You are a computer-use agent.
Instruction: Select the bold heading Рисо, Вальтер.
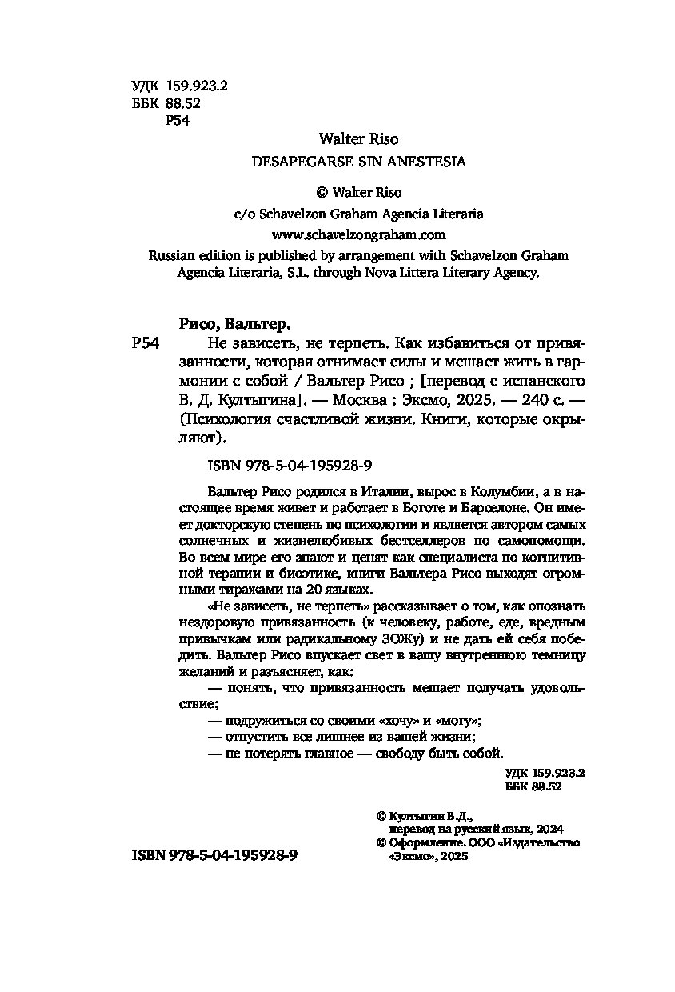point(232,325)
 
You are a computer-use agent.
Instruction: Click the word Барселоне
point(443,507)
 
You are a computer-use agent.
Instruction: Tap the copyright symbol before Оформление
point(381,842)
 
